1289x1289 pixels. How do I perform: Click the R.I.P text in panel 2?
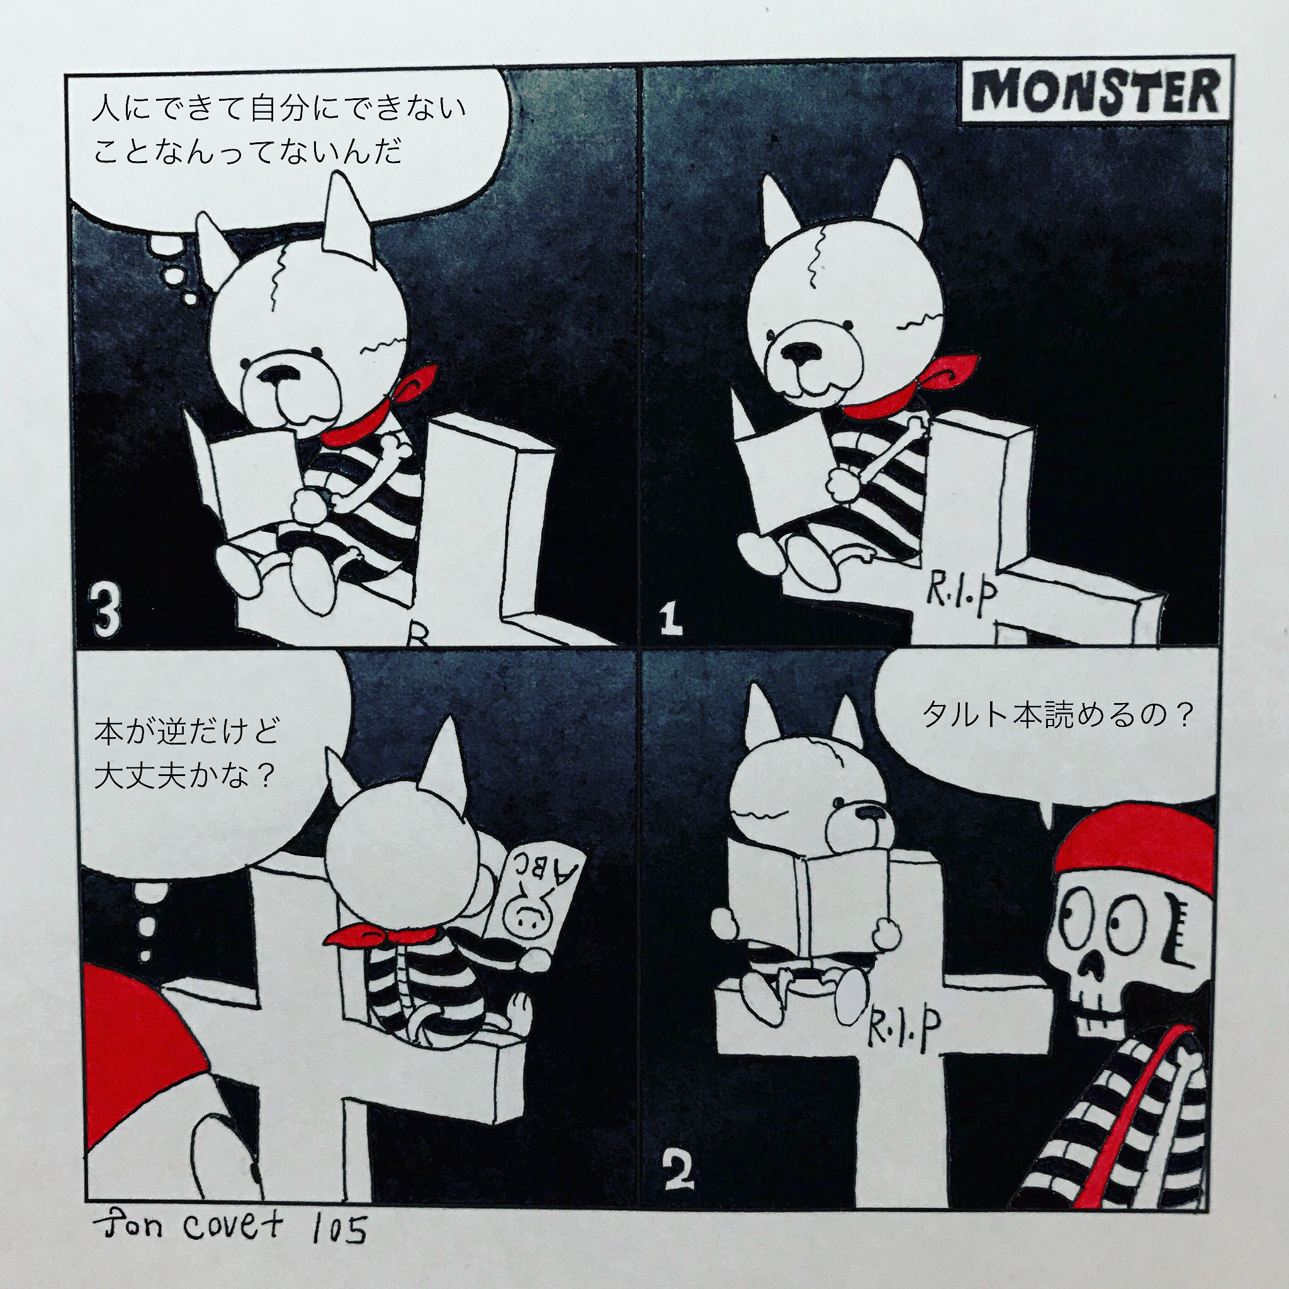click(x=903, y=1030)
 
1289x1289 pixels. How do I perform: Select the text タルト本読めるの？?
click(x=1058, y=715)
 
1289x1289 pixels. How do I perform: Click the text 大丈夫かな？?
click(x=184, y=775)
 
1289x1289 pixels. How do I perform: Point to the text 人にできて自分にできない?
click(x=279, y=108)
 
